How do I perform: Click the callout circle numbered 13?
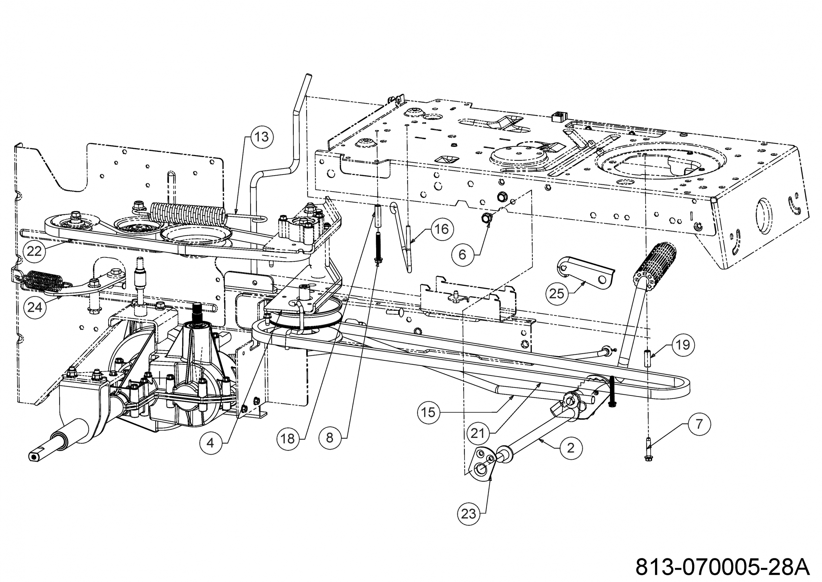(x=262, y=137)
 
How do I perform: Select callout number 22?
(x=35, y=251)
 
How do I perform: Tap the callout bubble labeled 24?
(x=35, y=307)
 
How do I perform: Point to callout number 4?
(x=210, y=443)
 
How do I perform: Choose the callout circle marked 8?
(x=330, y=437)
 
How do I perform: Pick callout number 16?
(x=442, y=229)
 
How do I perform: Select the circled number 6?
(x=463, y=254)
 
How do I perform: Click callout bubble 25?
(x=557, y=294)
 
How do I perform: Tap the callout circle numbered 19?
(x=683, y=345)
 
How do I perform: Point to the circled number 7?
(x=699, y=424)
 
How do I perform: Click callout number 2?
(x=571, y=448)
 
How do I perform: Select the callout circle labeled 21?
(x=478, y=434)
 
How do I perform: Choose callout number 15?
(x=428, y=412)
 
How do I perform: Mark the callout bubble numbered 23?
(x=469, y=514)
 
